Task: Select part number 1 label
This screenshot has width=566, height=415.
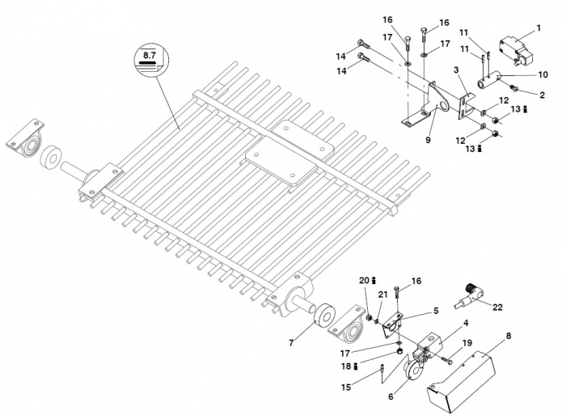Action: (x=539, y=30)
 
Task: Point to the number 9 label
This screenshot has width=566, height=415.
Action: (x=428, y=140)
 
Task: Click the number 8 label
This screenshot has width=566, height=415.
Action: (x=508, y=335)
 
